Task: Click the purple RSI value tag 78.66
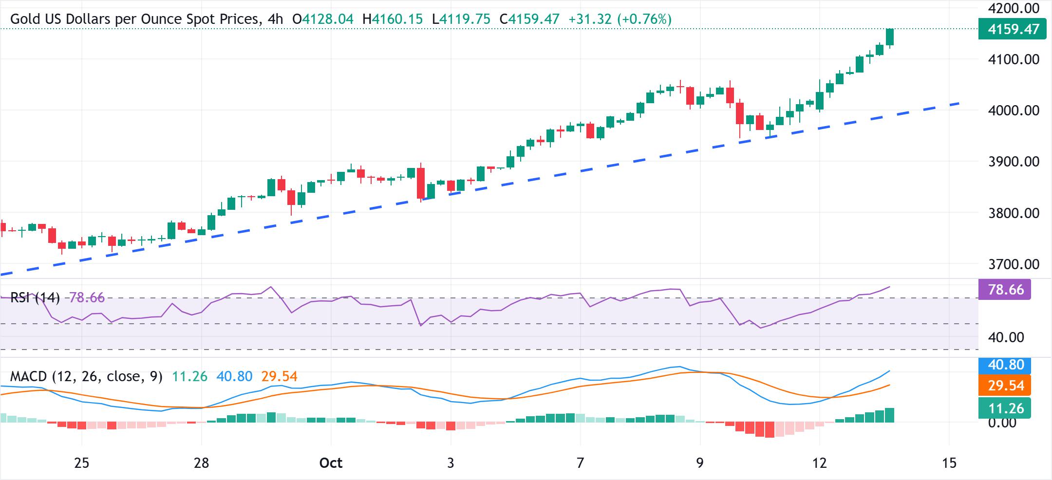[x=1004, y=290]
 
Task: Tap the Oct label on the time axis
[x=331, y=462]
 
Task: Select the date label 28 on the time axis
[x=201, y=462]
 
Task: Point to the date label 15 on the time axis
[x=949, y=462]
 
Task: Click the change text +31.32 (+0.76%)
[x=620, y=19]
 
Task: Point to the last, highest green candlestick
[x=890, y=37]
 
